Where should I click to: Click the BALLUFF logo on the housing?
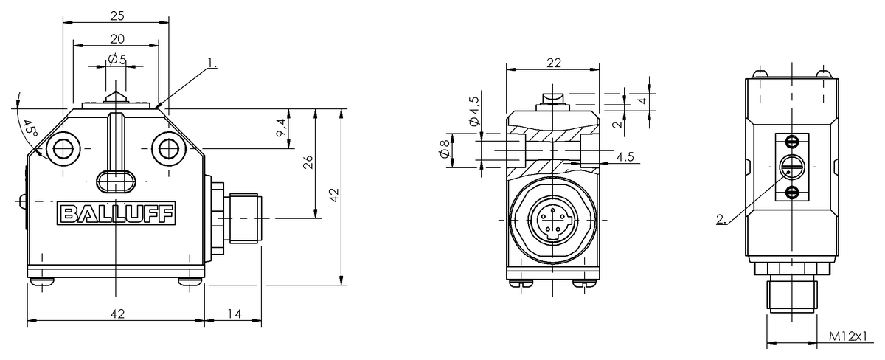click(x=117, y=215)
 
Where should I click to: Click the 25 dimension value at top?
click(x=117, y=15)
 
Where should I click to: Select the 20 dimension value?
click(x=117, y=39)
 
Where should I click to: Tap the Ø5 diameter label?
click(x=117, y=60)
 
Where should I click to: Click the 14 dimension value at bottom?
click(x=234, y=314)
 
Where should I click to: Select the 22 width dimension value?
click(x=553, y=63)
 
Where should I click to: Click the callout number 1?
click(x=212, y=64)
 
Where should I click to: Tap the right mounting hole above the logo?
click(x=169, y=148)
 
